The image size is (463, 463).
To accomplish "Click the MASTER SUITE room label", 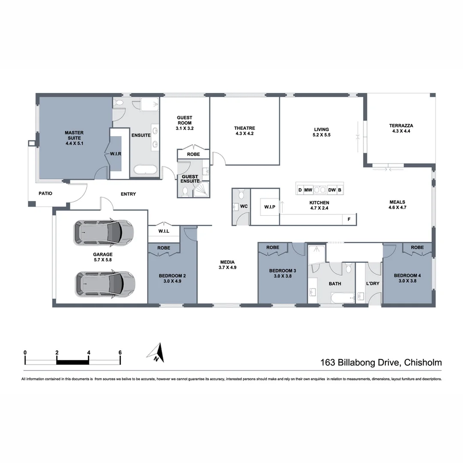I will (74, 138).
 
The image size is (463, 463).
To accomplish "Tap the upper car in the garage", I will (103, 233).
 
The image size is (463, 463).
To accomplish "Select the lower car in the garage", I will (105, 284).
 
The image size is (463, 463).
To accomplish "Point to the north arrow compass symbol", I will (156, 353).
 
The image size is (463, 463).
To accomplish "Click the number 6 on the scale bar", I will (120, 353).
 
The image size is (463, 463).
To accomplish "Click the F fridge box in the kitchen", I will (349, 219).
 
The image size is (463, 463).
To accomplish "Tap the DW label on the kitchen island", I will (332, 189).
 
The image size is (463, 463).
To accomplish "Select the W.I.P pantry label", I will (270, 207).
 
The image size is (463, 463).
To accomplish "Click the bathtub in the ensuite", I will (146, 170).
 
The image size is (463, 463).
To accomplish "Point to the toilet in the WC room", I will (241, 195).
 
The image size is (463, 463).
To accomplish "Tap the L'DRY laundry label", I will (373, 283).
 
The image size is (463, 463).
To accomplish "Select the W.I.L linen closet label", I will (163, 231).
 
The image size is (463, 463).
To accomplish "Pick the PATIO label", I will (45, 193).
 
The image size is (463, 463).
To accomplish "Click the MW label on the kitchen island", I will (308, 189).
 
